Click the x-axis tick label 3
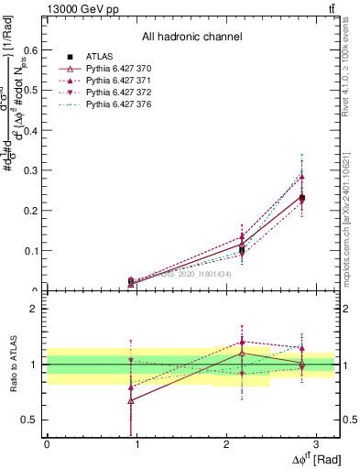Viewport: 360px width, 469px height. point(315,444)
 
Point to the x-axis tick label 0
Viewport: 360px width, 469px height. point(47,444)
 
